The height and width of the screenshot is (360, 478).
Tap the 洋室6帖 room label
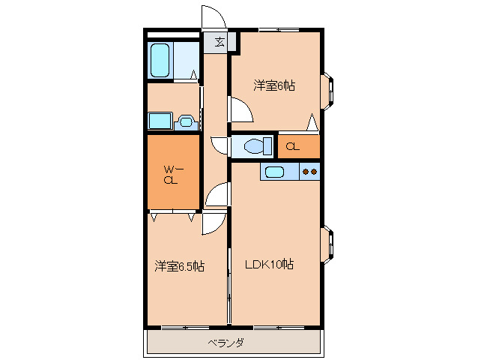click(x=273, y=86)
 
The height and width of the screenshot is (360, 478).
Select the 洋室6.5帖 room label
click(x=180, y=266)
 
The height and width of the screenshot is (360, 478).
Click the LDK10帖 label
click(x=270, y=264)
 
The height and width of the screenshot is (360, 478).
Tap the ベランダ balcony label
click(x=225, y=343)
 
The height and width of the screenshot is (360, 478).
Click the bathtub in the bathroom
click(x=161, y=60)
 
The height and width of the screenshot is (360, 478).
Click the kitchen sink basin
click(x=275, y=172)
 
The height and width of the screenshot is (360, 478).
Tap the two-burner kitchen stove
click(x=309, y=172)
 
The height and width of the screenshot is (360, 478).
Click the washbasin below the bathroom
click(x=160, y=121)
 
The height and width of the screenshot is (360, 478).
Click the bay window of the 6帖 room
click(x=329, y=88)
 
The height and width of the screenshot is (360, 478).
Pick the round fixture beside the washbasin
click(x=187, y=120)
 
